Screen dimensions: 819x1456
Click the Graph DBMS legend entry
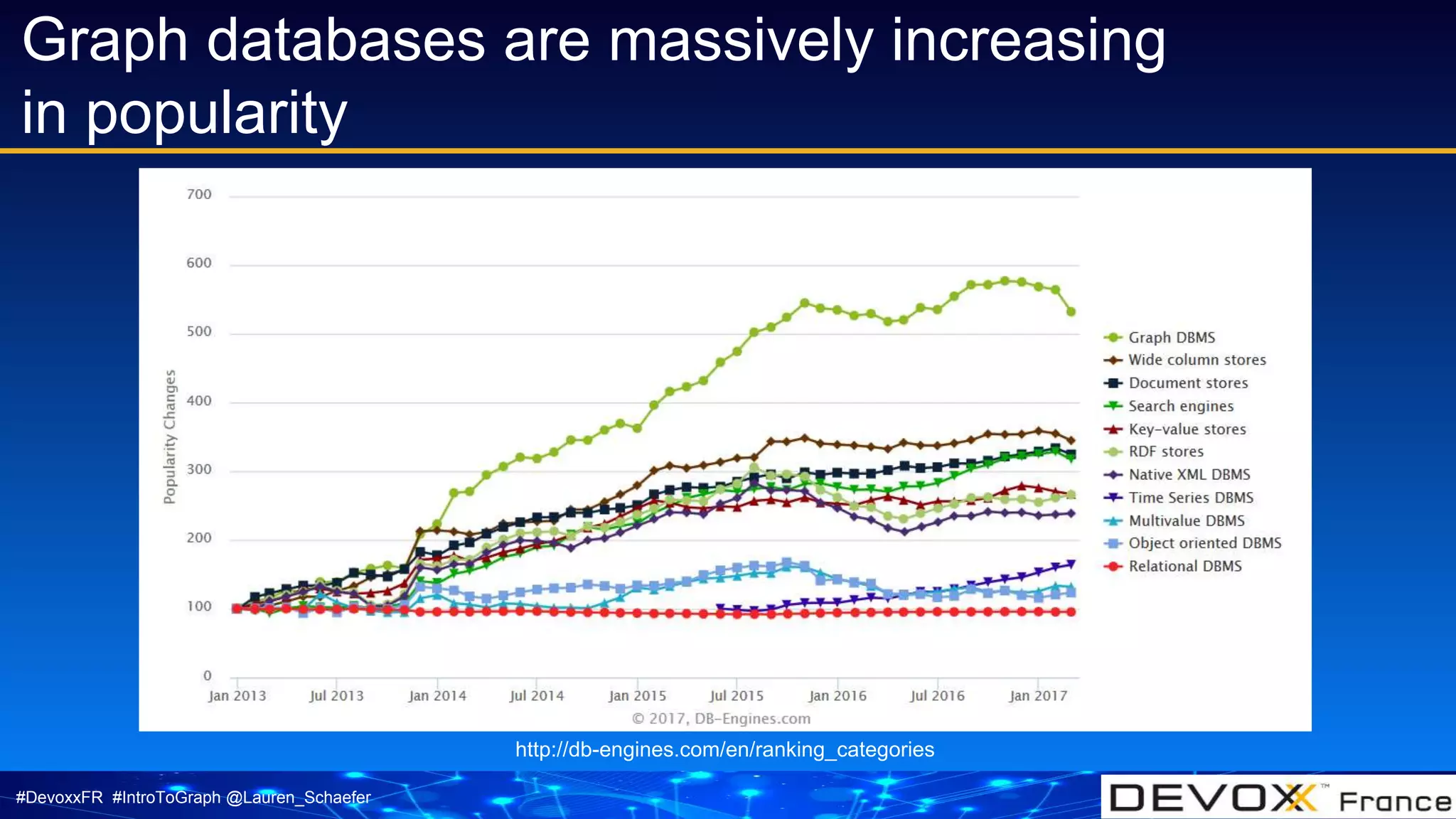pyautogui.click(x=1171, y=338)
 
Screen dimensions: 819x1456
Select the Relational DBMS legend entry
pyautogui.click(x=1184, y=567)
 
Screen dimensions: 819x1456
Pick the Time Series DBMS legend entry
pyautogui.click(x=1190, y=498)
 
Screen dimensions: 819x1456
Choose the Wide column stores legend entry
pyautogui.click(x=1197, y=360)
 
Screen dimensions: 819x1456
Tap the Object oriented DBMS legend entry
pyautogui.click(x=1204, y=543)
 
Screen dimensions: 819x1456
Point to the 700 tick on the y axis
pyautogui.click(x=199, y=195)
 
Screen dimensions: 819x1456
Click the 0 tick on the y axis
pyautogui.click(x=207, y=675)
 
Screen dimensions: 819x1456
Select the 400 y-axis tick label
pyautogui.click(x=199, y=401)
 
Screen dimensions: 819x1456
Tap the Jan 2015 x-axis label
pyautogui.click(x=637, y=696)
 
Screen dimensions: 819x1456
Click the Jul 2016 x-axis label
pyautogui.click(x=937, y=696)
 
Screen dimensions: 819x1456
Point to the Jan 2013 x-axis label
pyautogui.click(x=237, y=696)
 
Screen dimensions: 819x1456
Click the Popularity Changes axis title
pyautogui.click(x=169, y=437)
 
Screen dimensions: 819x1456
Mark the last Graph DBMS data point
pyautogui.click(x=1071, y=311)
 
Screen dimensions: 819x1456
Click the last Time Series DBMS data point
pyautogui.click(x=1071, y=564)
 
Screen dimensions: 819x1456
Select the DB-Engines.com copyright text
pyautogui.click(x=721, y=719)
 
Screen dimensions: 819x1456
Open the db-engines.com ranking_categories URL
pyautogui.click(x=724, y=749)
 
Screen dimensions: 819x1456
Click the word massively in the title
pyautogui.click(x=739, y=41)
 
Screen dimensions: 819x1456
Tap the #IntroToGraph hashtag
pyautogui.click(x=166, y=798)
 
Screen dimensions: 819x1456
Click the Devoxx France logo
pyautogui.click(x=1278, y=798)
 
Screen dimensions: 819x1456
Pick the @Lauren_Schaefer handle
pyautogui.click(x=298, y=798)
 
